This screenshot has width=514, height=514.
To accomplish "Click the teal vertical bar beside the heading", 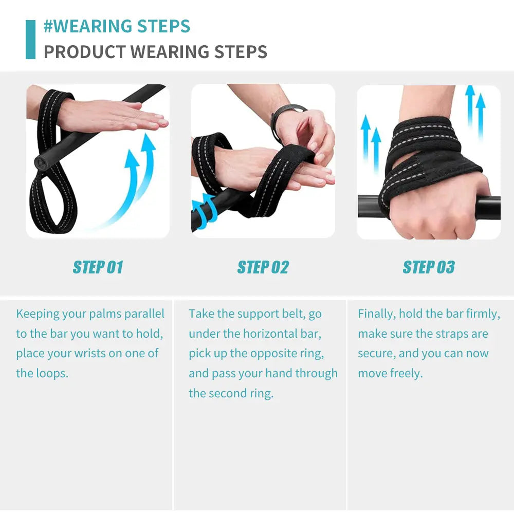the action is (30, 40).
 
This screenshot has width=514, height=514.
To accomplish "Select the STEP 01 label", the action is (98, 267).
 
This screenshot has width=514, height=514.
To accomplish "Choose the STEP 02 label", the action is (263, 267).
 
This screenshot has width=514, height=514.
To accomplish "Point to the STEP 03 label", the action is (429, 267).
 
